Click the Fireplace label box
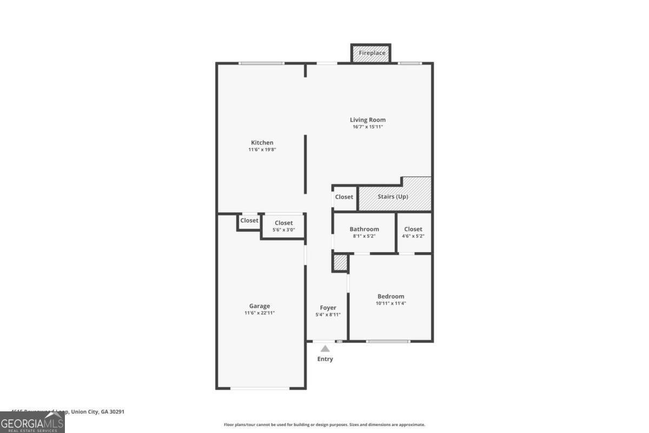click(372, 53)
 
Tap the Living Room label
click(368, 120)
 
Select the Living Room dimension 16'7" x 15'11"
click(368, 127)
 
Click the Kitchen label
click(262, 142)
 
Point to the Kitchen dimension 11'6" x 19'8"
click(262, 150)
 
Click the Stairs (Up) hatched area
click(395, 197)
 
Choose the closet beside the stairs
click(344, 197)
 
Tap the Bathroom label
click(364, 229)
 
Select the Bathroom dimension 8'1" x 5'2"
click(364, 237)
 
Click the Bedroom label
click(390, 296)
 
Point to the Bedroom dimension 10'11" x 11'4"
click(390, 304)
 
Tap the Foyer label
click(328, 307)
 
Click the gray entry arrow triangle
click(325, 349)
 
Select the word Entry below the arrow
click(325, 359)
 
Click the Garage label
click(260, 306)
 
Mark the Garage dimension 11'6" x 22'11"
click(260, 313)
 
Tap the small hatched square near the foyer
click(339, 263)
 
